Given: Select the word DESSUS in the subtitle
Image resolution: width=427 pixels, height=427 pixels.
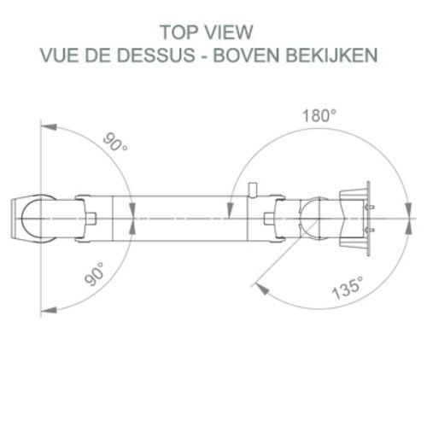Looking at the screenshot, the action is [156, 55].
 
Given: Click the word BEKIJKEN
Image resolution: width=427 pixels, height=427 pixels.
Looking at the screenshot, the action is [331, 55].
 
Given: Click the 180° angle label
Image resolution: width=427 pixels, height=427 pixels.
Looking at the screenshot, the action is [319, 116].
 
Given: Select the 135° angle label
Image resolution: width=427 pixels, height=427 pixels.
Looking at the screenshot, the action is [348, 288].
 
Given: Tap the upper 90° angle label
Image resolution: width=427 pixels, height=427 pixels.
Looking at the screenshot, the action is [115, 142].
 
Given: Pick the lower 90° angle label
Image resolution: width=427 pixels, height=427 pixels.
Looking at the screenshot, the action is [94, 274].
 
